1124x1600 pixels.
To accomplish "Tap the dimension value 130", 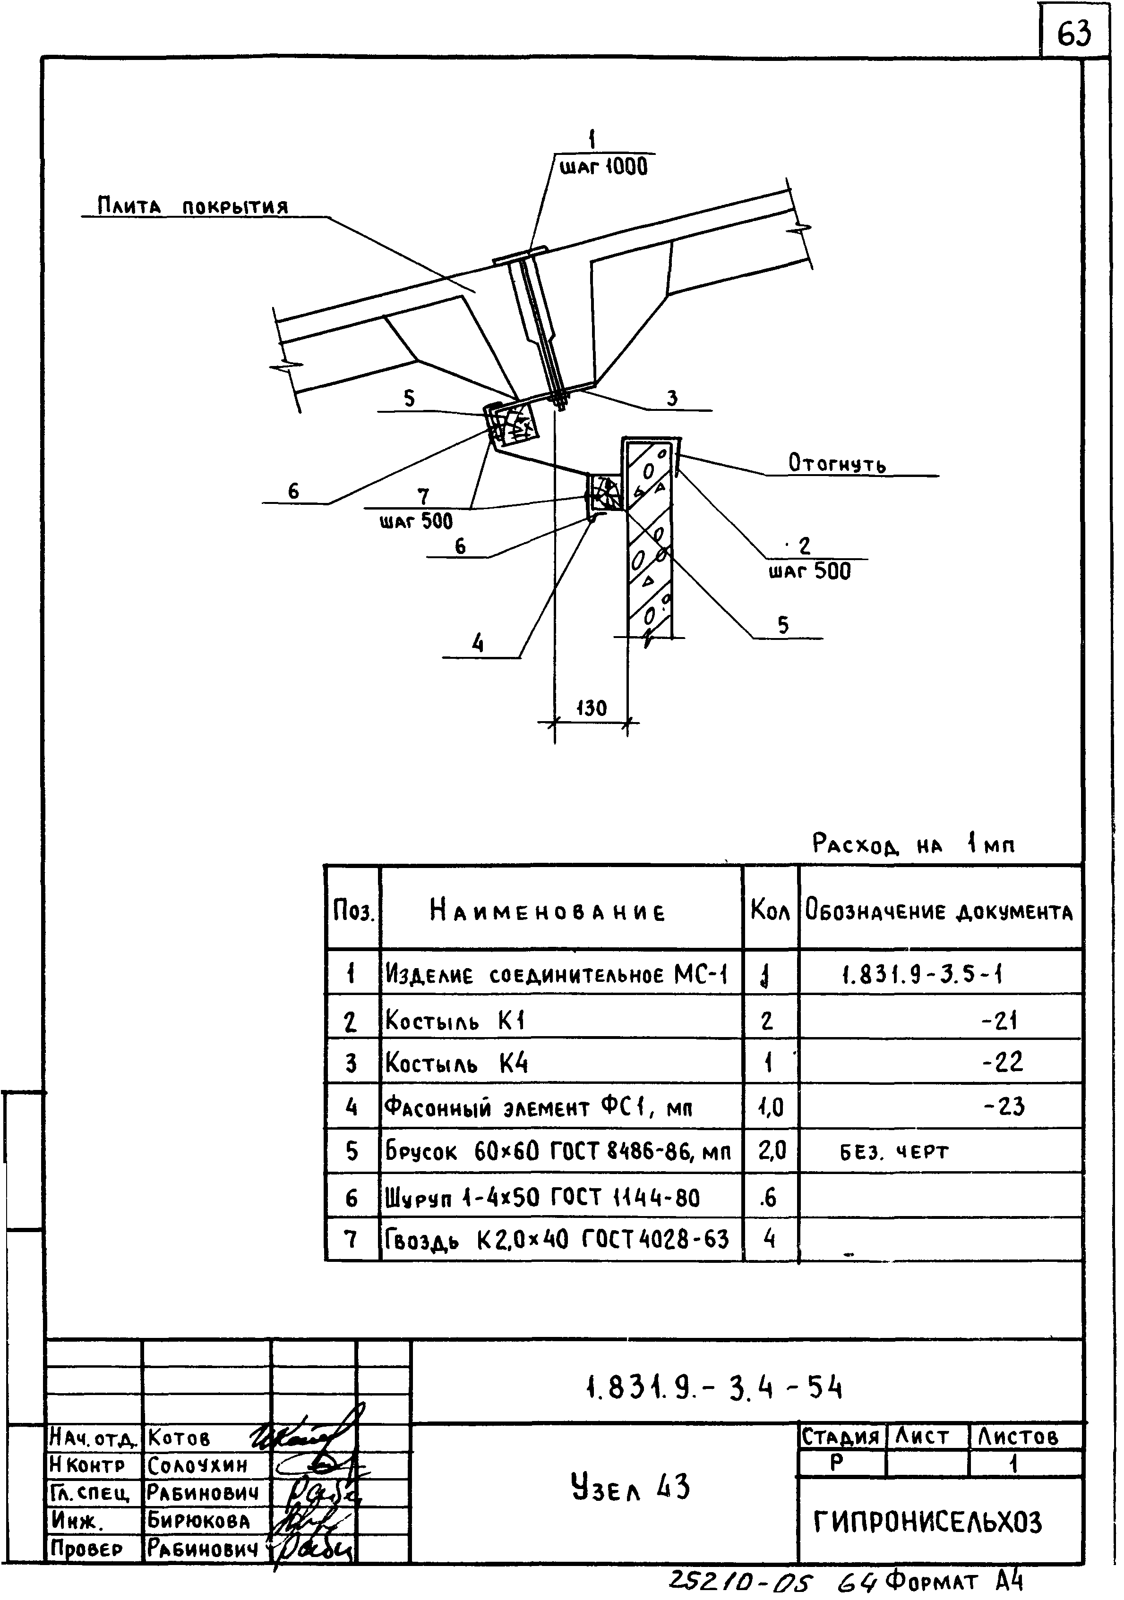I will [x=591, y=709].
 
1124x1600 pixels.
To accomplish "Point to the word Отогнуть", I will [x=837, y=463].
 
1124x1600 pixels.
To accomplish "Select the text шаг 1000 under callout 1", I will [x=604, y=167].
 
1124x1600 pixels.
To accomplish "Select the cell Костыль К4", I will [x=457, y=1064].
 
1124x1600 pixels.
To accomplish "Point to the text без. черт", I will [x=894, y=1152].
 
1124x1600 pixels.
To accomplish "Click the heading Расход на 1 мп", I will [x=913, y=845].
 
